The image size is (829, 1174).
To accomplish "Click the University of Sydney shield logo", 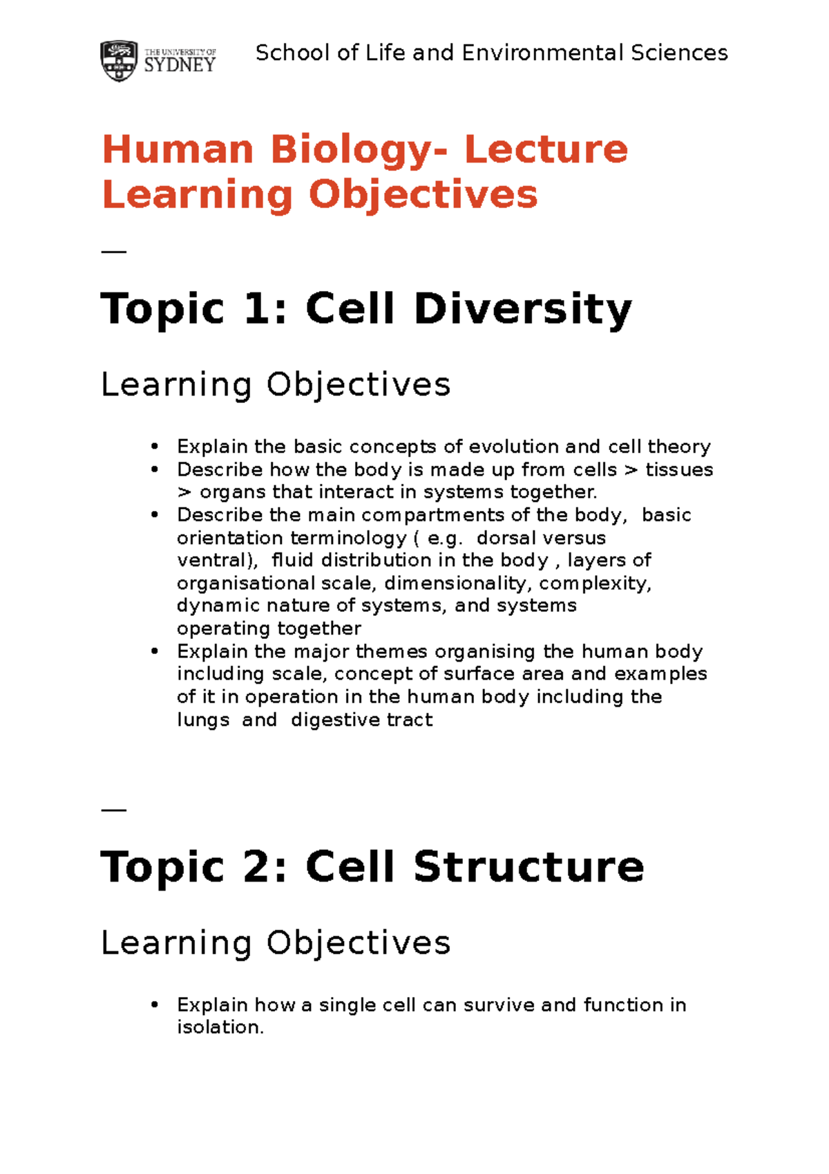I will click(119, 61).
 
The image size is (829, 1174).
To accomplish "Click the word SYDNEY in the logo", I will click(180, 66).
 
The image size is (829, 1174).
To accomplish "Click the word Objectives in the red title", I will click(423, 196).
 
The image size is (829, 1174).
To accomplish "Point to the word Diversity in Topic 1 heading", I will click(523, 309).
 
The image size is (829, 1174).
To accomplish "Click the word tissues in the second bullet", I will click(679, 470).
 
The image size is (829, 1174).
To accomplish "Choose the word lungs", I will click(203, 720).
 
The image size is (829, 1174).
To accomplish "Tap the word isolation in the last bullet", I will click(220, 1027).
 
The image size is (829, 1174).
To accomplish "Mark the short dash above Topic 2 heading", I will click(113, 810).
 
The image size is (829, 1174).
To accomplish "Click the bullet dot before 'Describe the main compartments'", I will click(155, 515).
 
